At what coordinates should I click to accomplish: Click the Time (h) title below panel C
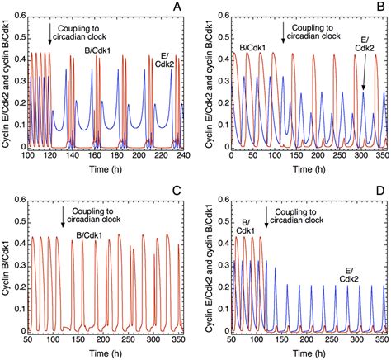(110, 353)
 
